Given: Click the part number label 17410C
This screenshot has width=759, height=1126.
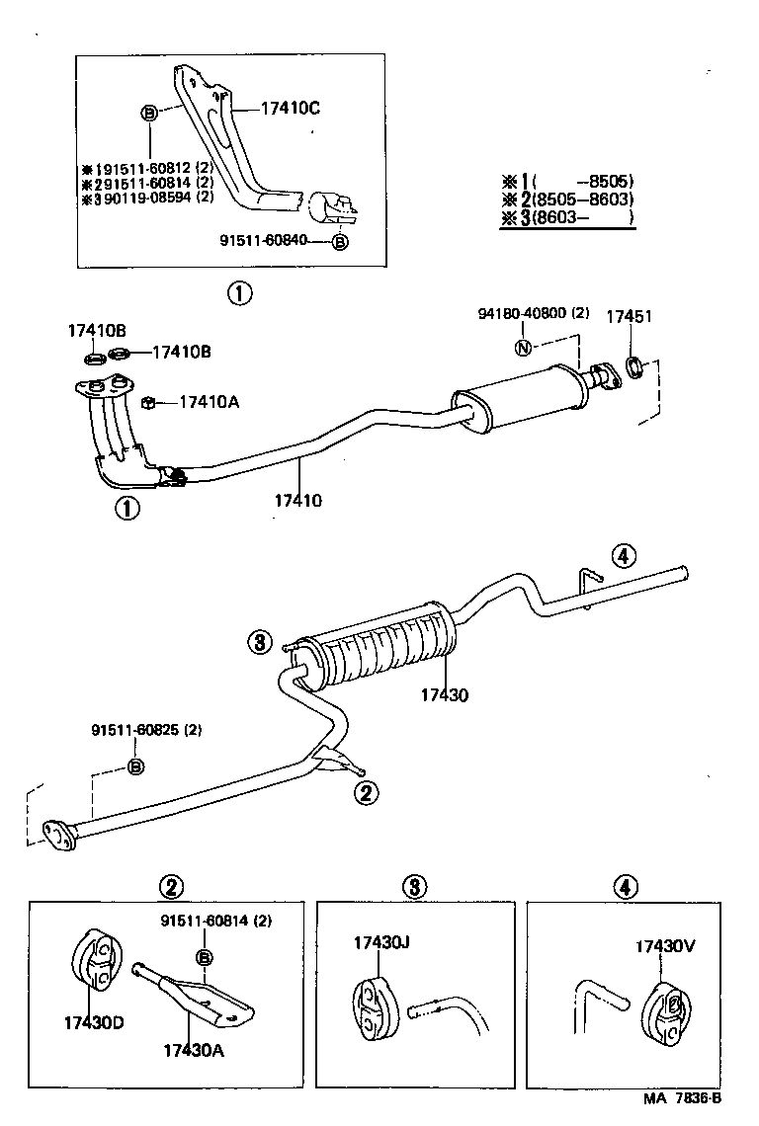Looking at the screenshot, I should [291, 108].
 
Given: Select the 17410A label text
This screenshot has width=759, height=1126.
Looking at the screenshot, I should [210, 402].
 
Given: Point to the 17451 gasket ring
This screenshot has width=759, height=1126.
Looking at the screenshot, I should [637, 369].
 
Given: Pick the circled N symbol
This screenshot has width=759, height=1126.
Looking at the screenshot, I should [523, 347].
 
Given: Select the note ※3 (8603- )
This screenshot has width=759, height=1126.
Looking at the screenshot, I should [567, 219].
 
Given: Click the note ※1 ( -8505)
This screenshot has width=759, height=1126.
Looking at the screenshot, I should [567, 181].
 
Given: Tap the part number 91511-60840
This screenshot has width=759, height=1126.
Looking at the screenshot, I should [268, 239].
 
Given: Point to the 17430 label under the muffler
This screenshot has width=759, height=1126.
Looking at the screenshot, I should [442, 695].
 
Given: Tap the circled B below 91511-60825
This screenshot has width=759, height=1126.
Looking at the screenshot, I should [136, 766].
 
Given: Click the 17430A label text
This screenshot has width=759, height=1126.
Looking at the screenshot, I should [193, 1050].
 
